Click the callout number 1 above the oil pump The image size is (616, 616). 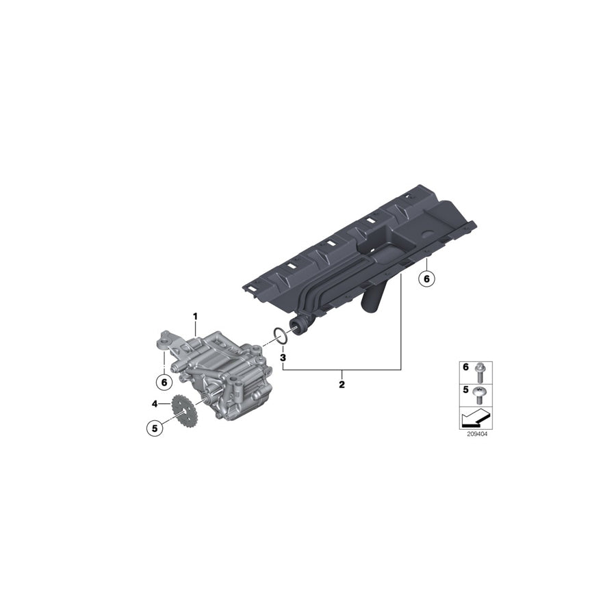click(195, 317)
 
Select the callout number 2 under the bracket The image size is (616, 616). click(342, 385)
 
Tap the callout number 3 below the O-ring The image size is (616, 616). click(283, 357)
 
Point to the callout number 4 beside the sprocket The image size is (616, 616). click(155, 403)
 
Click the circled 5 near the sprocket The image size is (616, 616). click(155, 428)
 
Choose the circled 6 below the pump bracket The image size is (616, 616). click(164, 382)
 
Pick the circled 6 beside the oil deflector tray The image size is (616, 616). click(426, 279)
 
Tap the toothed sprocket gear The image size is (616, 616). click(185, 411)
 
